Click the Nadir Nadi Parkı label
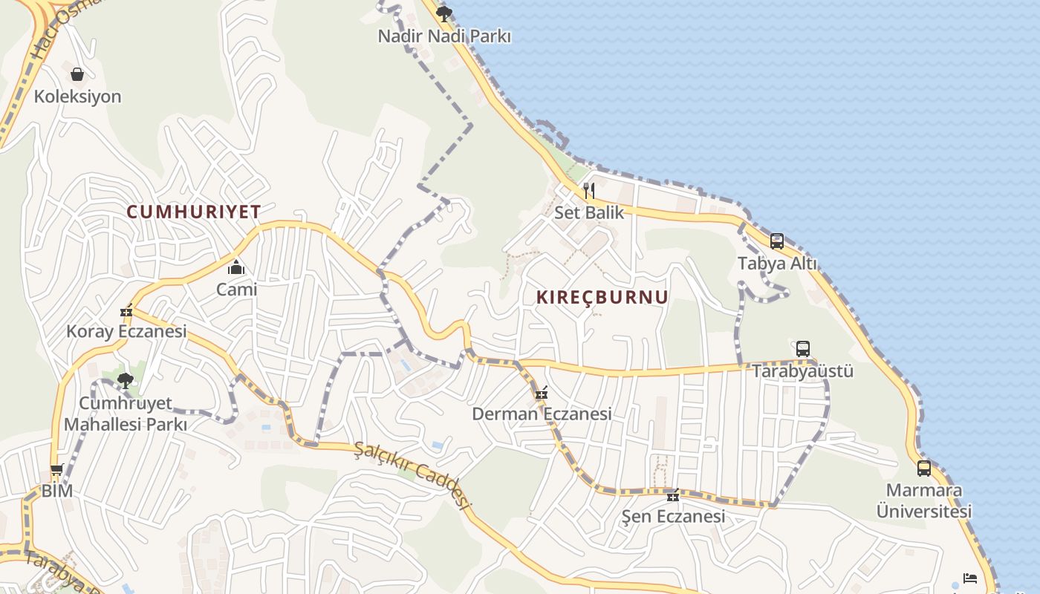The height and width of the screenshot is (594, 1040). pyautogui.click(x=444, y=36)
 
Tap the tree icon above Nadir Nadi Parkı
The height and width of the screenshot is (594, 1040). pyautogui.click(x=444, y=13)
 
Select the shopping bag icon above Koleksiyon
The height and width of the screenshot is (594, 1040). pyautogui.click(x=77, y=74)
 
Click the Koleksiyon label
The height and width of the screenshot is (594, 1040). pyautogui.click(x=77, y=97)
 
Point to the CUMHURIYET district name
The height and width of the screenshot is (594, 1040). pyautogui.click(x=194, y=212)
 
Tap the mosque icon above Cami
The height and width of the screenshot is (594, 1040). pyautogui.click(x=236, y=267)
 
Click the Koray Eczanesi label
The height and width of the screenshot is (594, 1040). pyautogui.click(x=126, y=331)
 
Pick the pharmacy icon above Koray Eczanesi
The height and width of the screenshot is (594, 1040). pyautogui.click(x=126, y=310)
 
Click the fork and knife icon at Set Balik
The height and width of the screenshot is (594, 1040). pyautogui.click(x=589, y=191)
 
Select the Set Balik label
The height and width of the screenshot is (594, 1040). pyautogui.click(x=589, y=212)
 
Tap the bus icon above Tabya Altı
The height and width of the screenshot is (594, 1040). pyautogui.click(x=777, y=241)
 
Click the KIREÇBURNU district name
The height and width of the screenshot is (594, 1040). pyautogui.click(x=602, y=298)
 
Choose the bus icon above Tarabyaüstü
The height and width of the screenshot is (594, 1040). pyautogui.click(x=803, y=349)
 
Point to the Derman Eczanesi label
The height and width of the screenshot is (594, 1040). pyautogui.click(x=542, y=414)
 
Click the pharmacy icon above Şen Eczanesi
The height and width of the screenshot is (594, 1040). pyautogui.click(x=673, y=495)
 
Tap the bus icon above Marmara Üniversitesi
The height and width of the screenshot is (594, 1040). pyautogui.click(x=924, y=469)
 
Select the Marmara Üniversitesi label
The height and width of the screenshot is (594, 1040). pyautogui.click(x=924, y=501)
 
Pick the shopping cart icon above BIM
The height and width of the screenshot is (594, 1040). pyautogui.click(x=56, y=469)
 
